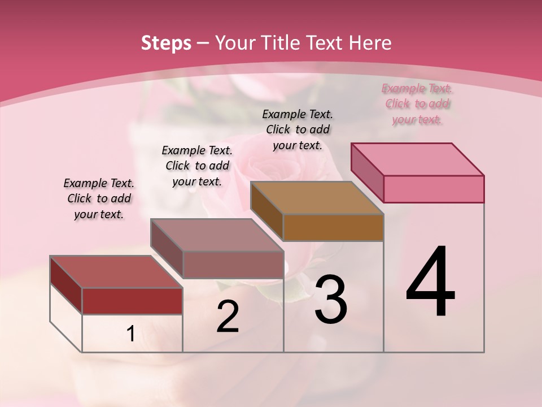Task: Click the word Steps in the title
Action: (166, 43)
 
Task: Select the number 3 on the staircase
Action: (330, 300)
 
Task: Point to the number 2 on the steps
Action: (228, 317)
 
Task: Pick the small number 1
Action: (130, 334)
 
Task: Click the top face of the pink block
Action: (418, 159)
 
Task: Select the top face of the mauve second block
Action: (217, 235)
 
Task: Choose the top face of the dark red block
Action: (116, 271)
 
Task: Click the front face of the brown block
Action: (333, 227)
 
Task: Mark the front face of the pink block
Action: (434, 189)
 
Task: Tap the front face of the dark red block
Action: (132, 301)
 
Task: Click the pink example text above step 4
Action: (417, 104)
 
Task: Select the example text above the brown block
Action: (298, 129)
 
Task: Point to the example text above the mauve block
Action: (197, 166)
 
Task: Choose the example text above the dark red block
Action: (99, 198)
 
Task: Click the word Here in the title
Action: (370, 43)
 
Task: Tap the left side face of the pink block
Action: (367, 172)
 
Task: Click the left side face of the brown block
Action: (266, 210)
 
